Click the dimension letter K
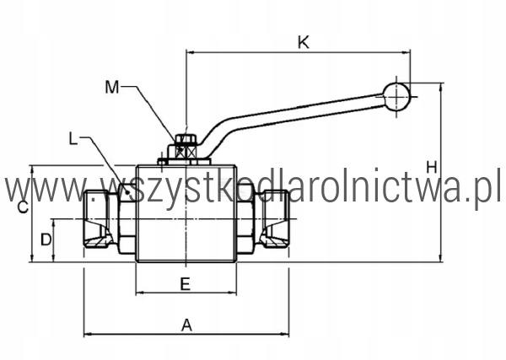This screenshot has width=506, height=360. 304,42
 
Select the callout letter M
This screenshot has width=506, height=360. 112,87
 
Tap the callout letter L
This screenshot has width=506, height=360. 73,139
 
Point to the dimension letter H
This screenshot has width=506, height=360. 432,168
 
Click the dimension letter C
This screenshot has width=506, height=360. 23,207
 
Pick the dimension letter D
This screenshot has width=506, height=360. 46,239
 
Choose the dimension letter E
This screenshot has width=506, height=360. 185,284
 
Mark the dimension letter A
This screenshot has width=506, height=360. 187,325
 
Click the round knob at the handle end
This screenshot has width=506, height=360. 396,96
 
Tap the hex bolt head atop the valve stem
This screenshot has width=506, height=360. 186,139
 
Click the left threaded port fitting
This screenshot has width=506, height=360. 96,219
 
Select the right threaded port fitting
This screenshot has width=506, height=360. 277,219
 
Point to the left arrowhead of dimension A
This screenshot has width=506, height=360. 88,334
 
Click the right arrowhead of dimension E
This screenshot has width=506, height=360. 233,293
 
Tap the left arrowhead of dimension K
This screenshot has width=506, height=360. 191,52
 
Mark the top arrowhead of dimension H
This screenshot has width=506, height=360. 441,88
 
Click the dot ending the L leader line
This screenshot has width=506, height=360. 128,192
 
